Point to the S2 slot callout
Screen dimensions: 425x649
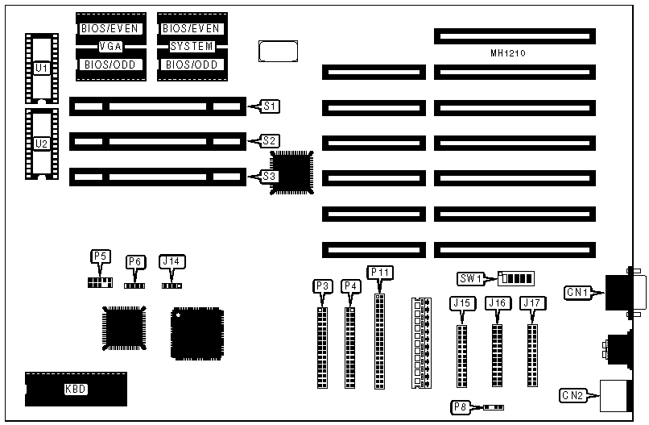click(x=271, y=140)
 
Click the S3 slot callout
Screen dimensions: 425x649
click(x=271, y=175)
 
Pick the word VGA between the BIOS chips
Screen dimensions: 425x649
click(x=110, y=46)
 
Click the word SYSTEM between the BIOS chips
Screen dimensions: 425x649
click(x=191, y=46)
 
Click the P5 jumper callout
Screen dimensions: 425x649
click(x=100, y=256)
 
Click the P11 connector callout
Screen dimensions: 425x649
click(x=379, y=272)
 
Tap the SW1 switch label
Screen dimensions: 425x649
click(x=469, y=278)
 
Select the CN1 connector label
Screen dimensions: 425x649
click(x=578, y=292)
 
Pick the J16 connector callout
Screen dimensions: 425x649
click(x=497, y=303)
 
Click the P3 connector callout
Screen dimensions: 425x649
click(x=322, y=285)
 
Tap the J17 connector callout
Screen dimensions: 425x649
click(x=531, y=303)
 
